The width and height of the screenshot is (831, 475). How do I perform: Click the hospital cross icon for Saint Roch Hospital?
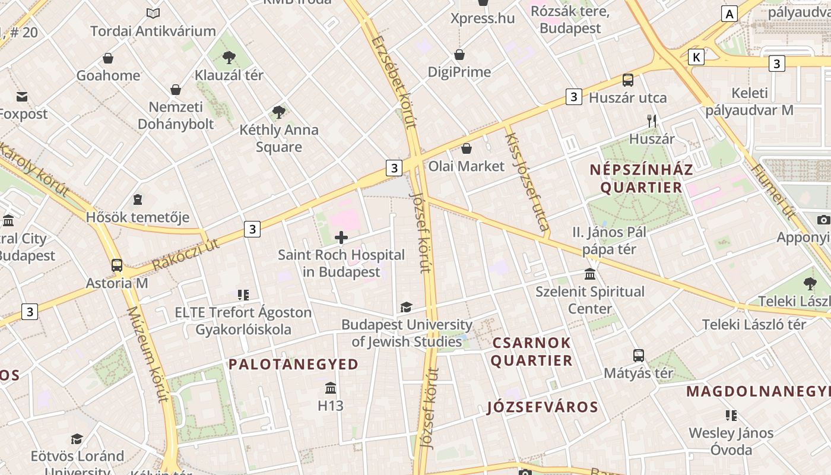coord(341,237)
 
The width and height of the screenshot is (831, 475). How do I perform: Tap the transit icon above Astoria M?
coord(117,265)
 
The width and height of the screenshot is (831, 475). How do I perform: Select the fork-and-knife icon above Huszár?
coord(652,121)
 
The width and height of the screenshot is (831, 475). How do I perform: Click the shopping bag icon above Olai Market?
coord(467,148)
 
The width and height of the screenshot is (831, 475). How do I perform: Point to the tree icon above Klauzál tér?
coord(229,58)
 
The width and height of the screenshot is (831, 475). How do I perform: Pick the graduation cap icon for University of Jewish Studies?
coord(406,307)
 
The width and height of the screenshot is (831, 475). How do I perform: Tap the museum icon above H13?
coord(331,388)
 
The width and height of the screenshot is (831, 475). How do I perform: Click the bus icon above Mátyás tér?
coord(638,356)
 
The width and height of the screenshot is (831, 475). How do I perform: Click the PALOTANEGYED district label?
coord(294,364)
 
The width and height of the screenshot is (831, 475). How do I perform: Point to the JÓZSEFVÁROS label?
coord(543,407)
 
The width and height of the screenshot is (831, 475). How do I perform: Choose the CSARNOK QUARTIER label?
coord(531,351)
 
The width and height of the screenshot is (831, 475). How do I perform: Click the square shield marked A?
coord(729,14)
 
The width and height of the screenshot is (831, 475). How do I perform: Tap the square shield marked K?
coord(696,57)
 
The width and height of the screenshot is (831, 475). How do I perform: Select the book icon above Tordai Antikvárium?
coord(153,13)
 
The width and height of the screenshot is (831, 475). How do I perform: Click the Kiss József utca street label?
coord(526,181)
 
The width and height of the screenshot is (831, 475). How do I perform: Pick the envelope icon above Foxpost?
coord(22,96)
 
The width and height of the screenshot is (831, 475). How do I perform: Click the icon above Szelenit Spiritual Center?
coord(590,274)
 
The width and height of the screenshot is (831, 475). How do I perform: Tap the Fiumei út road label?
coord(774,192)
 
